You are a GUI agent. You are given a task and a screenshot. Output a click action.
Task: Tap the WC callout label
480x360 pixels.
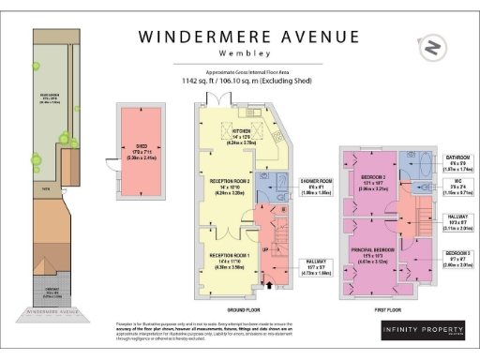click(457, 192)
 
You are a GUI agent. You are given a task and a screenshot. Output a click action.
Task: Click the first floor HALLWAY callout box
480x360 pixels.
click(457, 223)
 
